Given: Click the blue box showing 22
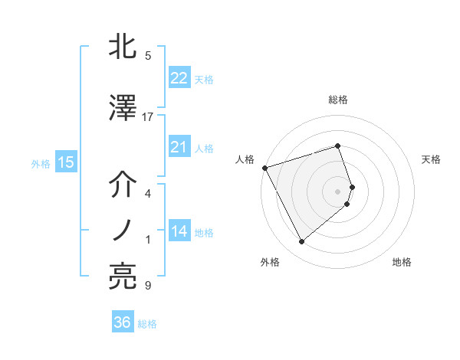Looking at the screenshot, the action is coord(179,78).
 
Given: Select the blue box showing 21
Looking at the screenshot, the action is coord(179,147).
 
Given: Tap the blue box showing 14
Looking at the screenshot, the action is coord(179,232).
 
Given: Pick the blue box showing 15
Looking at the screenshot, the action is coord(65,162).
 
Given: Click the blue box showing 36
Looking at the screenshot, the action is coord(123,322).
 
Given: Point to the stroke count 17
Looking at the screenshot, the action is coord(148,117).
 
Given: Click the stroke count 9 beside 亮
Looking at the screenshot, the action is coord(148,286).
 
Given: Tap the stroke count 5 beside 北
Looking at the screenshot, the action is coord(148,56).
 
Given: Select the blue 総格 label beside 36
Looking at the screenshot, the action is coord(147,324).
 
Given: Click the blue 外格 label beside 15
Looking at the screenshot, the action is coord(41,163).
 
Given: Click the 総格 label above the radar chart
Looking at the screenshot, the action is coord(338,100).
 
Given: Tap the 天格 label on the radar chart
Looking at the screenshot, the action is coord(432,159).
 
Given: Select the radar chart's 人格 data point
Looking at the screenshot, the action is coord(264,168).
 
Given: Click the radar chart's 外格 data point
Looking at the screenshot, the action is coord(301,241).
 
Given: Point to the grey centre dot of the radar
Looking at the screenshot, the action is coord(338,191).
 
